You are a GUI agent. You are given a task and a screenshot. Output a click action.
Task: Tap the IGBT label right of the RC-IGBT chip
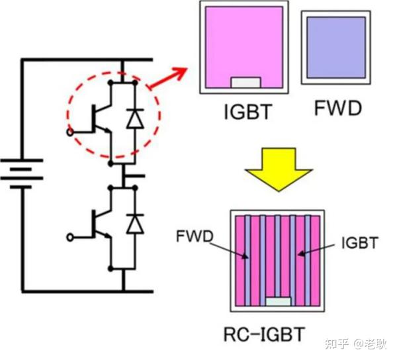[360, 243]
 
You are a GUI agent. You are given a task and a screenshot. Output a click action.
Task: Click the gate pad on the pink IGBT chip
[244, 83]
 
